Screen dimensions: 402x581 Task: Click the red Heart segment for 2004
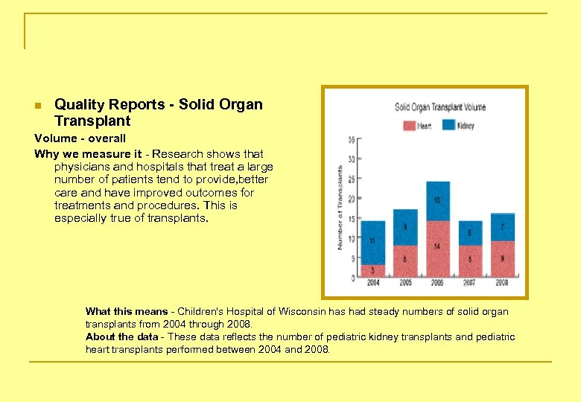click(x=372, y=271)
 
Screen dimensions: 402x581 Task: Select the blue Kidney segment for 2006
click(x=438, y=201)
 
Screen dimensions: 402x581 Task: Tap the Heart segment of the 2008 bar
click(x=503, y=258)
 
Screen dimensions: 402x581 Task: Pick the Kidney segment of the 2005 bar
click(x=405, y=227)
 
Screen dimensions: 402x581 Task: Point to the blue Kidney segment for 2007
click(x=470, y=233)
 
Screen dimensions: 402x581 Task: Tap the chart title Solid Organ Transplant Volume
click(x=440, y=107)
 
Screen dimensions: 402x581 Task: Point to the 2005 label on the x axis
click(x=405, y=284)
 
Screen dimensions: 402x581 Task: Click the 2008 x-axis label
click(x=503, y=284)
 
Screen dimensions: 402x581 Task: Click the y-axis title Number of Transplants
click(x=340, y=208)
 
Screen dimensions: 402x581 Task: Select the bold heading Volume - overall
click(x=80, y=138)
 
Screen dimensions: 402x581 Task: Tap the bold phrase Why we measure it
click(x=88, y=153)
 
